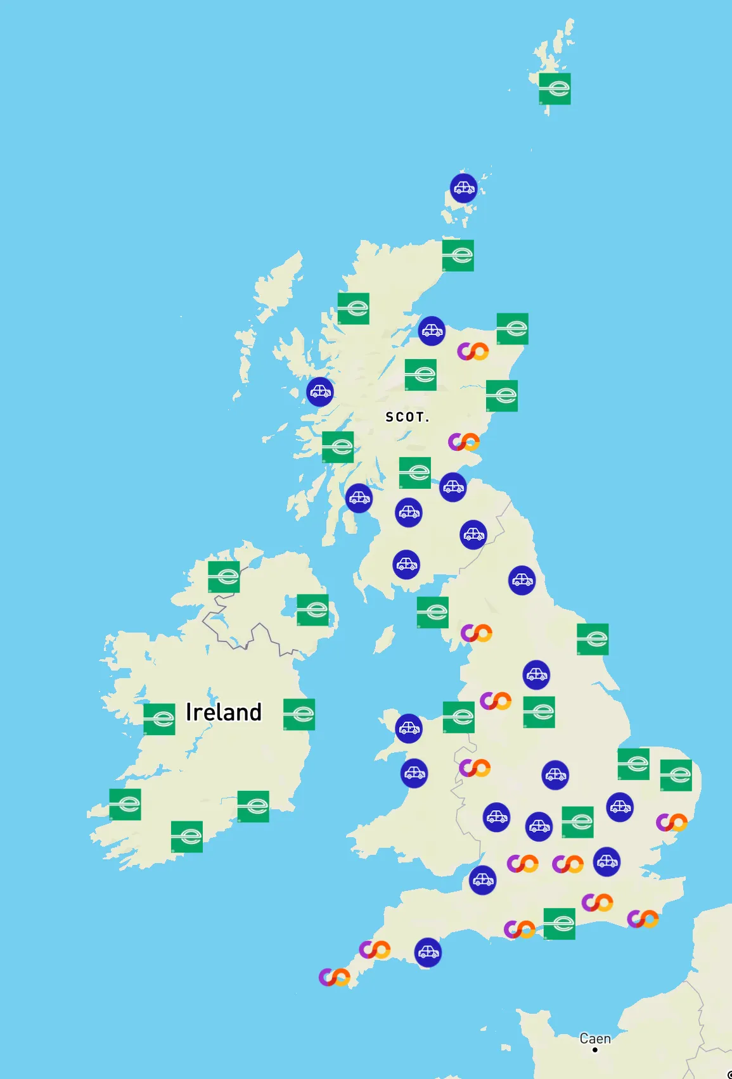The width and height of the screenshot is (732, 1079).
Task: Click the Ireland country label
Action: coord(223,712)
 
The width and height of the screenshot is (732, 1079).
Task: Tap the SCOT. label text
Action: coord(408,417)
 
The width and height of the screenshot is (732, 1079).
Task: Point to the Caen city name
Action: coord(595,1038)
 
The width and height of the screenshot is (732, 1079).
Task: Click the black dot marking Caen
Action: coord(595,1050)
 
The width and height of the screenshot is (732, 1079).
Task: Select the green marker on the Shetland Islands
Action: coord(555,89)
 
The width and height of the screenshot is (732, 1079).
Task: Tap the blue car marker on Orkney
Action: coord(463,188)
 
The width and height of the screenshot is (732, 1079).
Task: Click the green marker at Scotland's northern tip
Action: coord(458,256)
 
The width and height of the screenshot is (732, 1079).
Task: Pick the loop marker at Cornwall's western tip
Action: coord(334,977)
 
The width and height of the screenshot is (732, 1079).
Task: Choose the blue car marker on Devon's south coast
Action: coord(428,952)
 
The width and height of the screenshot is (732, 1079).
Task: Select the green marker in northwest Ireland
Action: coord(224,577)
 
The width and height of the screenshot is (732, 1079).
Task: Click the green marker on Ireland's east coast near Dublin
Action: coord(299,714)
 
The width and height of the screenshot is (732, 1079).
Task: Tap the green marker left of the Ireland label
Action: coord(159,719)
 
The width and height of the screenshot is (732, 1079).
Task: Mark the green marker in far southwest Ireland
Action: coord(125,804)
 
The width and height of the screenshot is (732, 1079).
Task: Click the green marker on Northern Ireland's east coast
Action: coord(312,610)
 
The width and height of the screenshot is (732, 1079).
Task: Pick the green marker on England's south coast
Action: coord(559,924)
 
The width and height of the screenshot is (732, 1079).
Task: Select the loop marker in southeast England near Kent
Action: coord(643,918)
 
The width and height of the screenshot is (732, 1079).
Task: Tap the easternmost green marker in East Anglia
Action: coord(676,775)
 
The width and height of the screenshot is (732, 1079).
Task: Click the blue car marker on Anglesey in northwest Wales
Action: coord(409,728)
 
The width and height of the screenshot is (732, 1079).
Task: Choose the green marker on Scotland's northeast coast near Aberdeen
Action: coord(512,329)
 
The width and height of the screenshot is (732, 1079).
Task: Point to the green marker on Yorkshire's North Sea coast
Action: coord(593,639)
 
